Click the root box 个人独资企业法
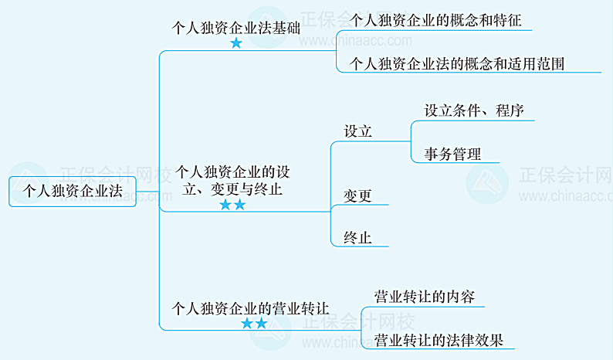(73, 191)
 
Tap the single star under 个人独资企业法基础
(236, 43)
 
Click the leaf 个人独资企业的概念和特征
(435, 20)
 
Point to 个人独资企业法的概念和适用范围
(457, 63)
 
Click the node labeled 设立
(358, 131)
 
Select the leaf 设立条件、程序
(474, 110)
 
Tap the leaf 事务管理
(452, 154)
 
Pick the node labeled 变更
(358, 196)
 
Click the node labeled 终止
(358, 238)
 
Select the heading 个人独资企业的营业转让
(249, 307)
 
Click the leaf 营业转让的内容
(424, 297)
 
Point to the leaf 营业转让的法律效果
(438, 339)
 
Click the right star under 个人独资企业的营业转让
(261, 324)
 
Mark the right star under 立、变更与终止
(239, 205)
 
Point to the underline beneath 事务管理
(456, 163)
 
